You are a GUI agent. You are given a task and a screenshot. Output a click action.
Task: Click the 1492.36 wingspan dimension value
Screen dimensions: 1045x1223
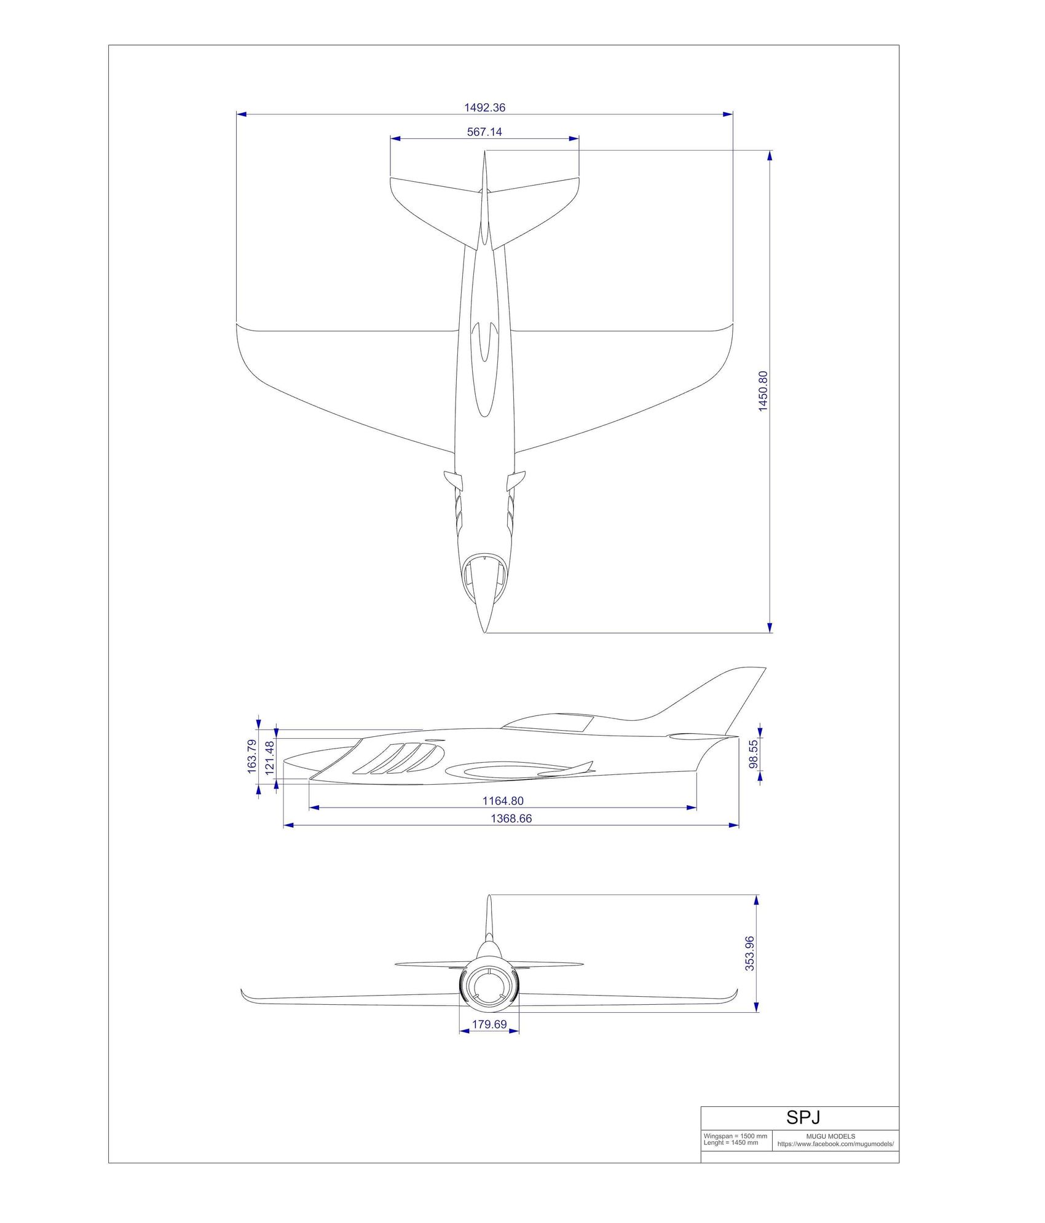pos(484,108)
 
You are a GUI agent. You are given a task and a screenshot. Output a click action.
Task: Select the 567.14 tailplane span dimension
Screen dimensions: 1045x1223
pos(484,132)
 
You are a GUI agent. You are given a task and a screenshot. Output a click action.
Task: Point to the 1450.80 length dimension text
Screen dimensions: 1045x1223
pos(763,391)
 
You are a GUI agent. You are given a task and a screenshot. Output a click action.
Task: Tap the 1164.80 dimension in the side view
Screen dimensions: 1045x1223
pos(503,801)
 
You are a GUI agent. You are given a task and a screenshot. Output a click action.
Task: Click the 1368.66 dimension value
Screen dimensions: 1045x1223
pos(511,819)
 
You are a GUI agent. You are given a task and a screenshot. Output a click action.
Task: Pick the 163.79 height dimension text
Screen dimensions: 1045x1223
pos(252,755)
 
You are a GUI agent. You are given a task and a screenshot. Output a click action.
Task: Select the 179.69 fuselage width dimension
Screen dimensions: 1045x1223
pos(489,1024)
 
